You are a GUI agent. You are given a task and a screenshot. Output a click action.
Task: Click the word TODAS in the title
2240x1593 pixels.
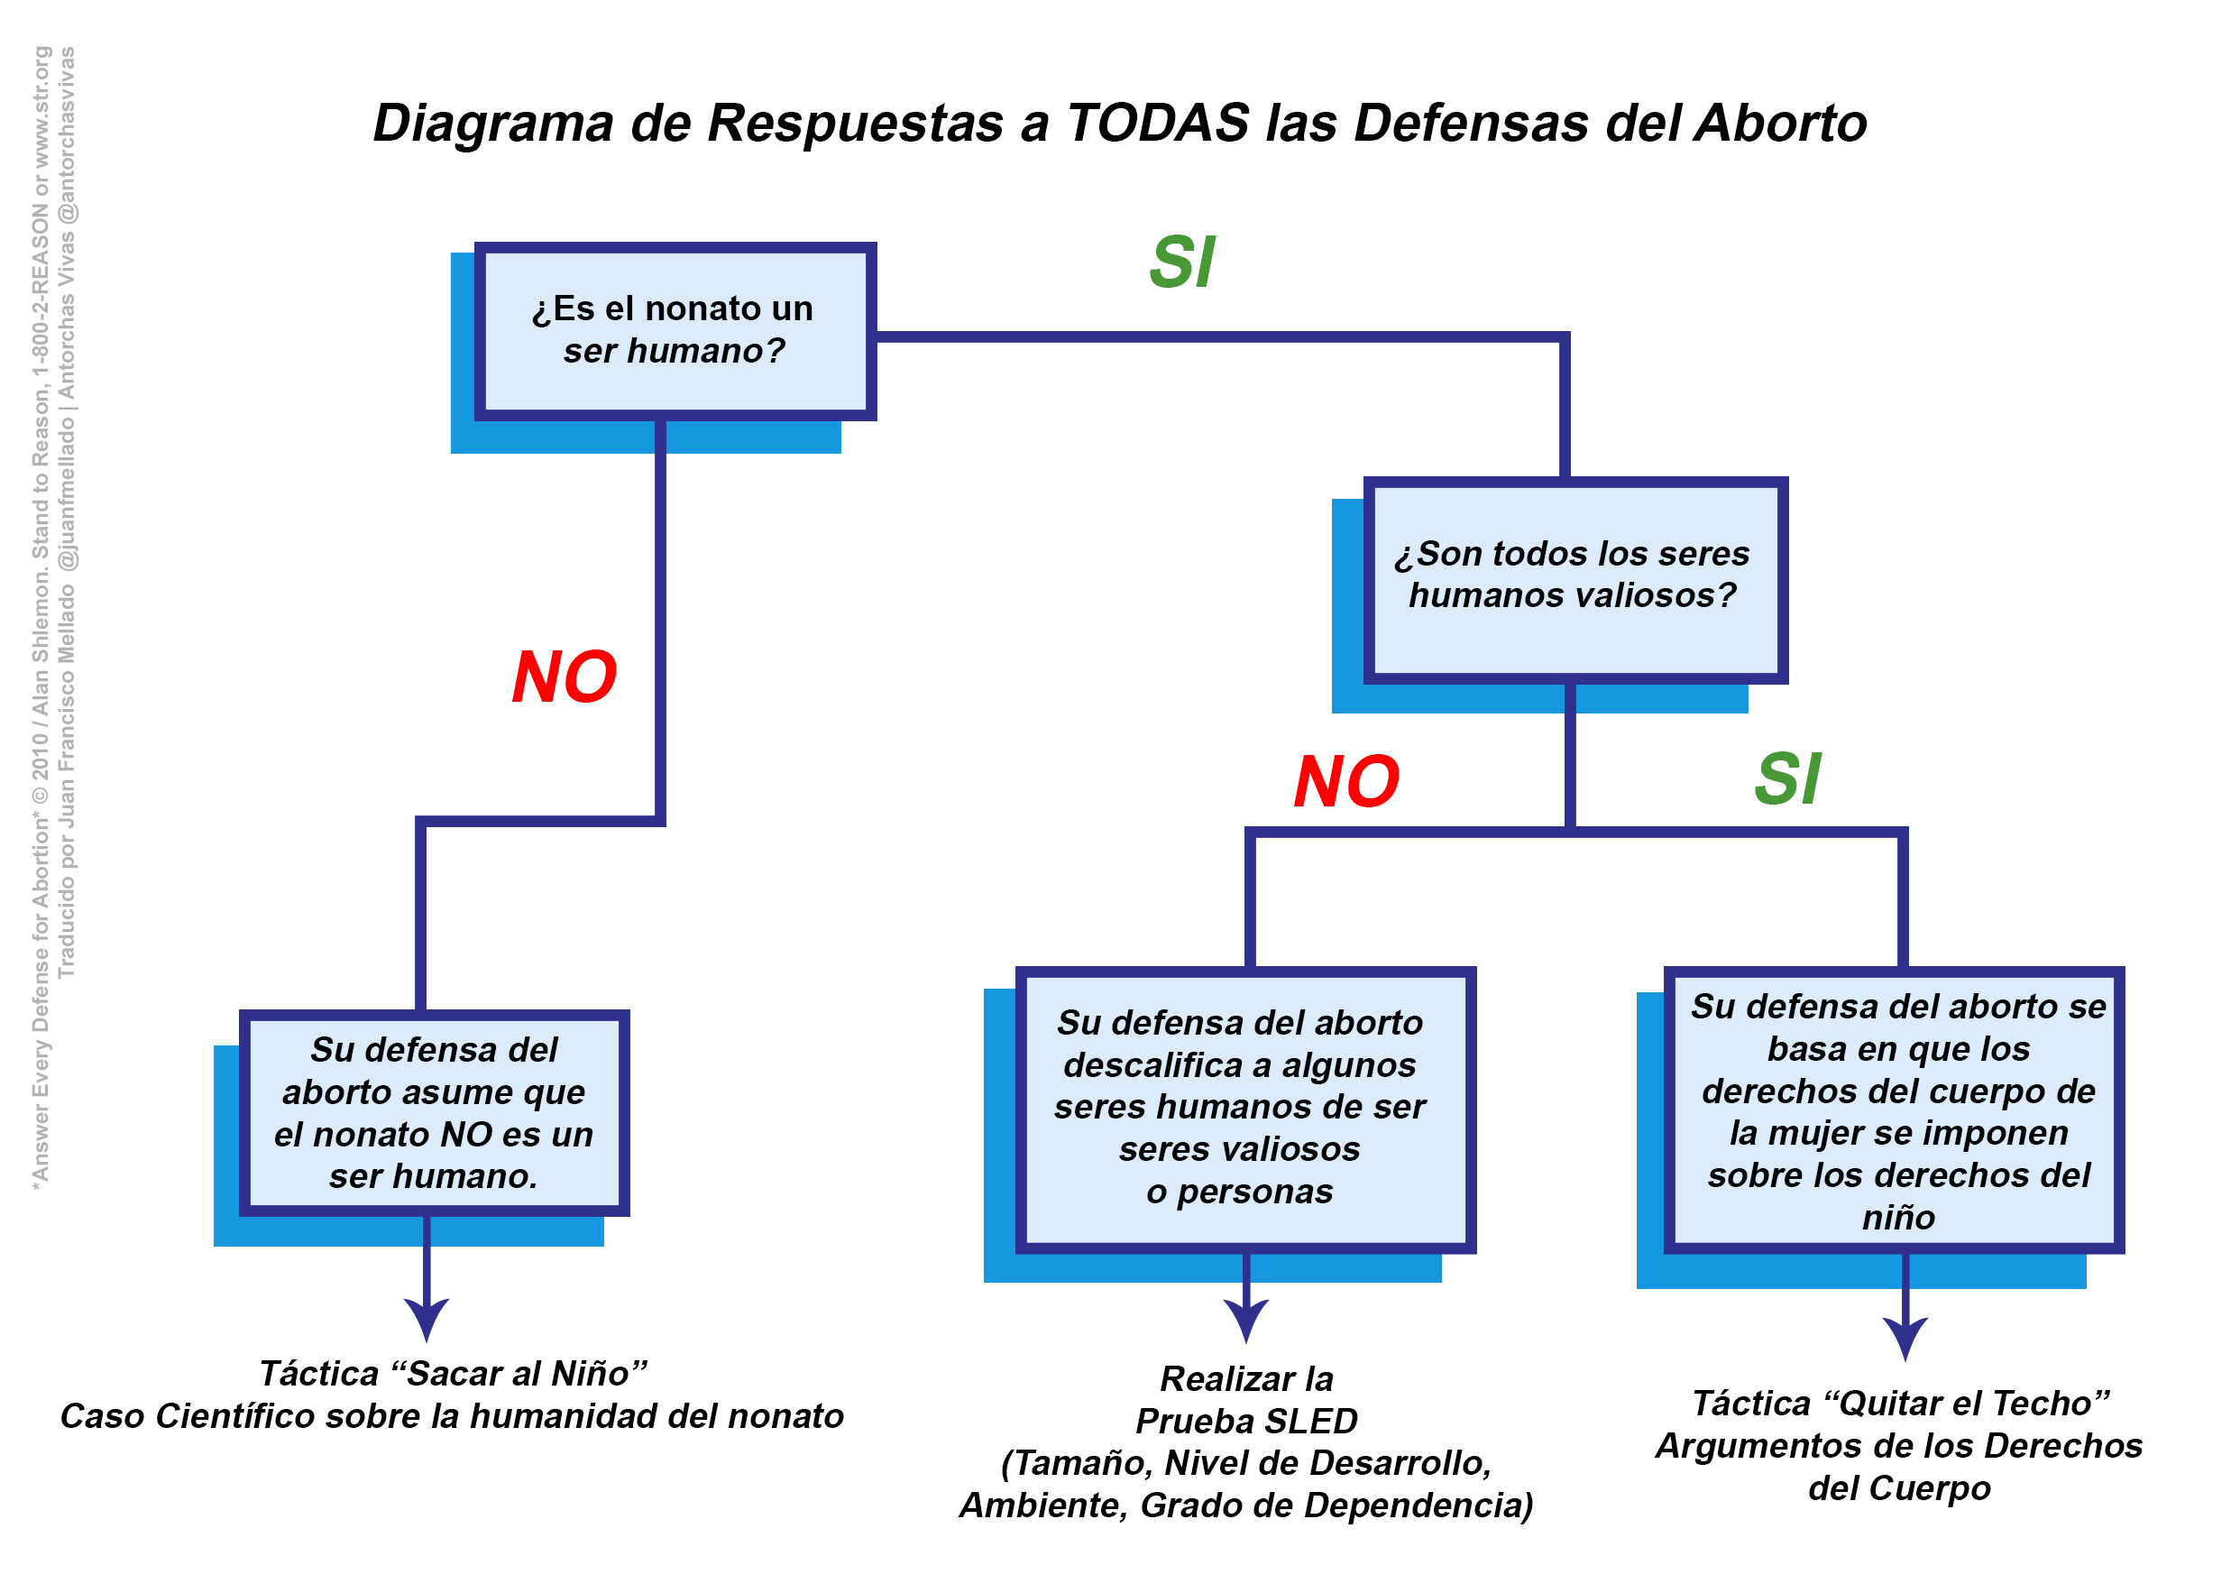(x=1157, y=124)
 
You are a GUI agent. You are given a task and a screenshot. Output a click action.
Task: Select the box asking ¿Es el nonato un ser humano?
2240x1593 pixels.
(x=675, y=330)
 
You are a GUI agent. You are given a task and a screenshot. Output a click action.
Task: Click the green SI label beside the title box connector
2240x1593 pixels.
(x=1182, y=262)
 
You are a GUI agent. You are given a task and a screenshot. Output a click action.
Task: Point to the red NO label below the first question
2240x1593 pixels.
(x=564, y=677)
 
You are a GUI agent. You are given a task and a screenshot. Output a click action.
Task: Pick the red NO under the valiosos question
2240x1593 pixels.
(x=1345, y=782)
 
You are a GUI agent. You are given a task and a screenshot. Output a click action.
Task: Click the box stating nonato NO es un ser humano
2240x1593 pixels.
(x=434, y=1112)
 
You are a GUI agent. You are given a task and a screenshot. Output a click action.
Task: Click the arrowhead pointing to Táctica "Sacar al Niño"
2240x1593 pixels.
(x=427, y=1319)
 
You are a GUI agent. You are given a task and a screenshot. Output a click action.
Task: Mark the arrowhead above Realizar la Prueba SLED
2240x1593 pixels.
(x=1245, y=1320)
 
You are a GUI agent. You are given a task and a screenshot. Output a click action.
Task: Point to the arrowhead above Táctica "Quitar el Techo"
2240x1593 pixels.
(x=1905, y=1338)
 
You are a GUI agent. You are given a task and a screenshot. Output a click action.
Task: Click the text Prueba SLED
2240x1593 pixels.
(x=1246, y=1421)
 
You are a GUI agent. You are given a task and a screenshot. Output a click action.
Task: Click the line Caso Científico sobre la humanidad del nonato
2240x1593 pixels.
(x=452, y=1416)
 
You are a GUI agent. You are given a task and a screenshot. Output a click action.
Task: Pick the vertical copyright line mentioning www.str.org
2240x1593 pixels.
(x=41, y=618)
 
